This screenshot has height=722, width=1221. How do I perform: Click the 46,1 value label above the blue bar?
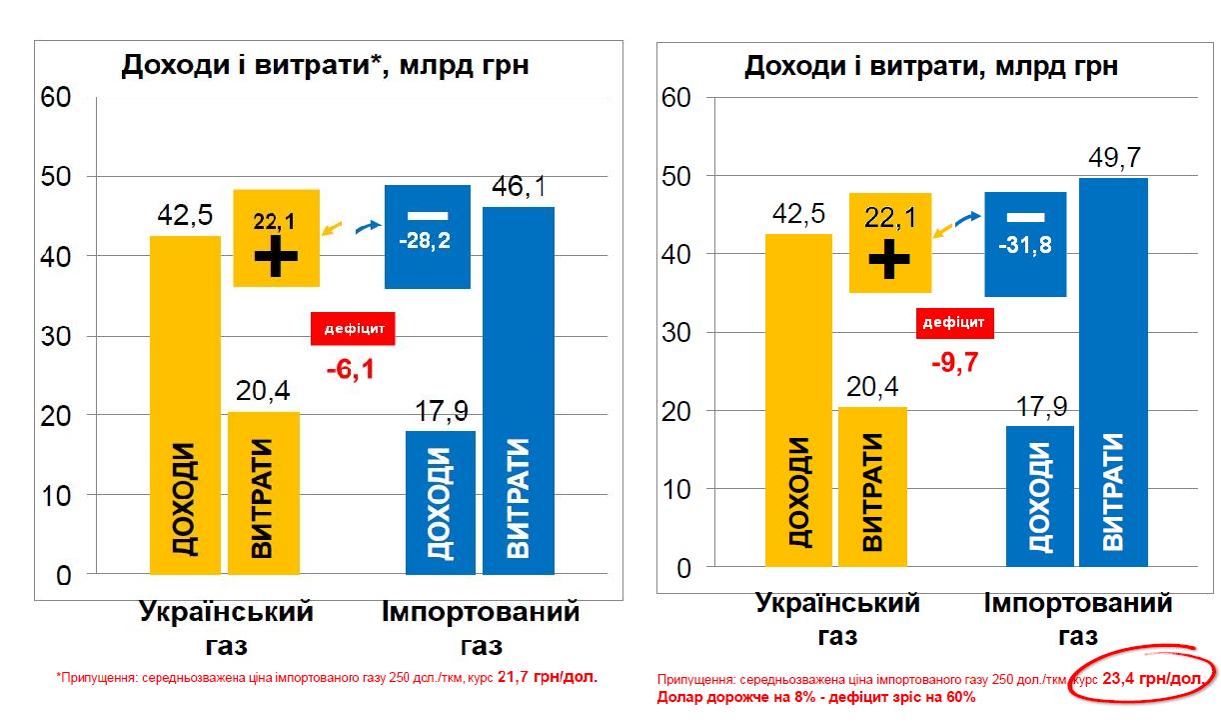coord(518,187)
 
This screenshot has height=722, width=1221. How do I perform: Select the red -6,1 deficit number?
coord(350,370)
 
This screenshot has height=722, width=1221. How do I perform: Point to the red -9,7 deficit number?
coord(954,362)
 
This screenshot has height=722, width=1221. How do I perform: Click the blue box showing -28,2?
coord(427,237)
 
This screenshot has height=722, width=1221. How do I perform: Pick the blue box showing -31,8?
coord(1024,244)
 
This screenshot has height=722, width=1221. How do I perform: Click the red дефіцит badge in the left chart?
coord(354,328)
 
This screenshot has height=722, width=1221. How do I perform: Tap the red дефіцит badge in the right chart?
coord(953,322)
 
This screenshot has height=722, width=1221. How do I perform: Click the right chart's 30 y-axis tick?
coord(677,333)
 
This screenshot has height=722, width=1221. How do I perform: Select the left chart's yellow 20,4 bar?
coord(263,493)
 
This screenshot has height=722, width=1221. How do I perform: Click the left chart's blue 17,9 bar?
coord(440,502)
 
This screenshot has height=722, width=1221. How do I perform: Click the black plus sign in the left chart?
coord(276,258)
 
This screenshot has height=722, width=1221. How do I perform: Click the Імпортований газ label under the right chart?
coord(1077,619)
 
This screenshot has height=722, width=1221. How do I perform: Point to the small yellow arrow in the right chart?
coord(941,231)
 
